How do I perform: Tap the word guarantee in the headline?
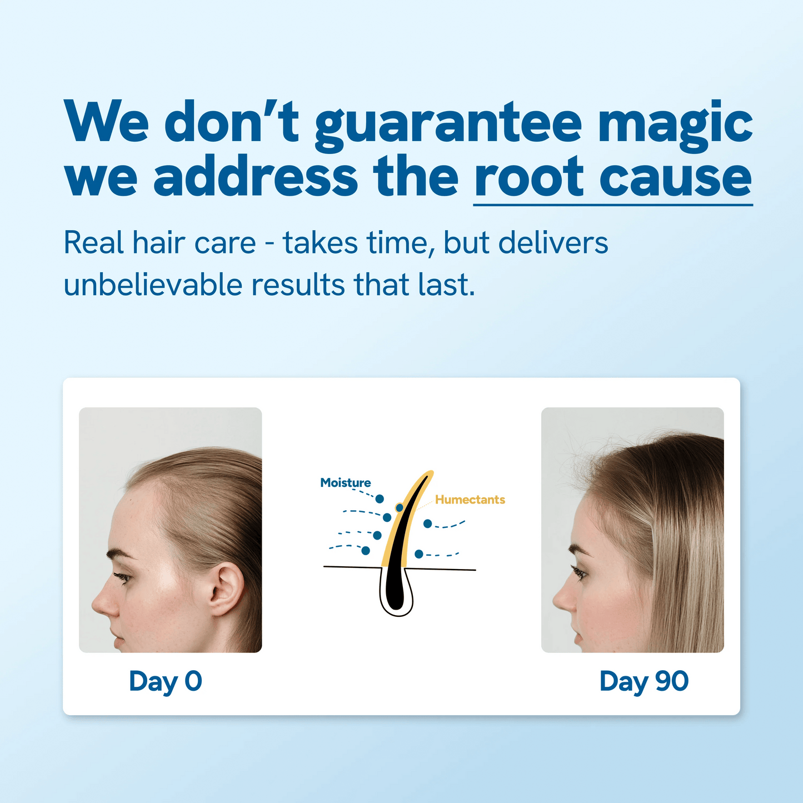coord(448,123)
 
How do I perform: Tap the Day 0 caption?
coord(165,681)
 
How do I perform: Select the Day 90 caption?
coord(644,681)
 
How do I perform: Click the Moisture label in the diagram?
coord(345,483)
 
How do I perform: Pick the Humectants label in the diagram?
coord(470,500)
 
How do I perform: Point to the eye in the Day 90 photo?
coord(580,572)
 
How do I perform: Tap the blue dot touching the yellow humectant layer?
coord(399,507)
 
